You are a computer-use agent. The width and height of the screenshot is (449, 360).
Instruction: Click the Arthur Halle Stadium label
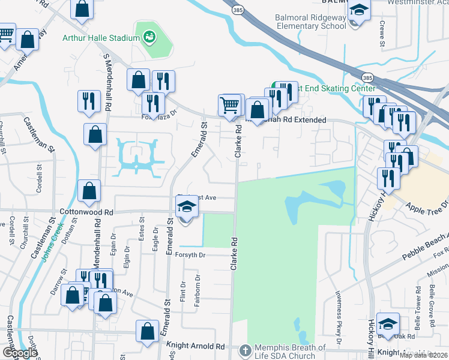[101, 38]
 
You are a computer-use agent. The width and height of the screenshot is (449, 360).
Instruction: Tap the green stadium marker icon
[149, 37]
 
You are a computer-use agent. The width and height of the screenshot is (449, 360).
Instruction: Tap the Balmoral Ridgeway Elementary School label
[311, 22]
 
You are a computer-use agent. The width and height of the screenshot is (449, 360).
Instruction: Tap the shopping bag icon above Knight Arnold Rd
[148, 331]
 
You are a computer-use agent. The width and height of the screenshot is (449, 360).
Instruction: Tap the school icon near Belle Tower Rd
[388, 323]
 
